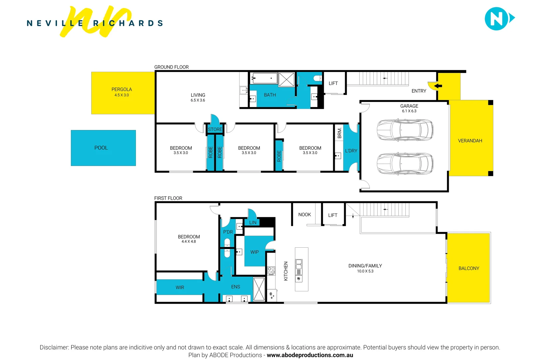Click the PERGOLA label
[122, 89]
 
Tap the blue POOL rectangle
[103, 148]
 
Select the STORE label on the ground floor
[215, 129]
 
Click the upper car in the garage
[405, 130]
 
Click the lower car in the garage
[405, 163]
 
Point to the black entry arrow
[438, 86]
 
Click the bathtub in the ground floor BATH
[264, 79]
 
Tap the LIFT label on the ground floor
[333, 83]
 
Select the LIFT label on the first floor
[332, 215]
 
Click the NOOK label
[304, 215]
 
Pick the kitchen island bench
[301, 269]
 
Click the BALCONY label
[469, 268]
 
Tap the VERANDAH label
[470, 141]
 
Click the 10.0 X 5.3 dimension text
[365, 271]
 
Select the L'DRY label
[351, 151]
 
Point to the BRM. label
[339, 133]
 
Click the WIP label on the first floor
[255, 252]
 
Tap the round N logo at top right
[497, 19]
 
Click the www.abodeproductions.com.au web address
[310, 355]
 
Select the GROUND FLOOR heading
[171, 67]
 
